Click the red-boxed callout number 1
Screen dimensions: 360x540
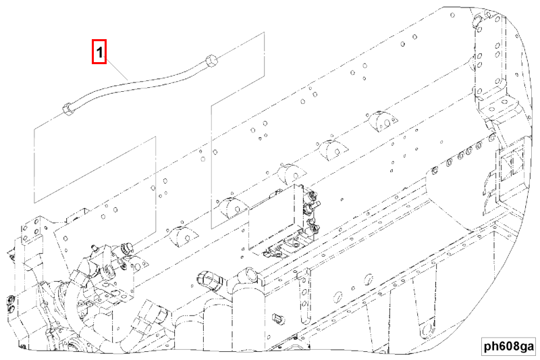pos(99,52)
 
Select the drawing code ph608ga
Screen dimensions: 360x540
pos(508,346)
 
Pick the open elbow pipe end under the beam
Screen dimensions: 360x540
pos(207,278)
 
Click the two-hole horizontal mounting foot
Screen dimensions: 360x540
pos(500,101)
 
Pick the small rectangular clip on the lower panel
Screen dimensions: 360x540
pos(277,315)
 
